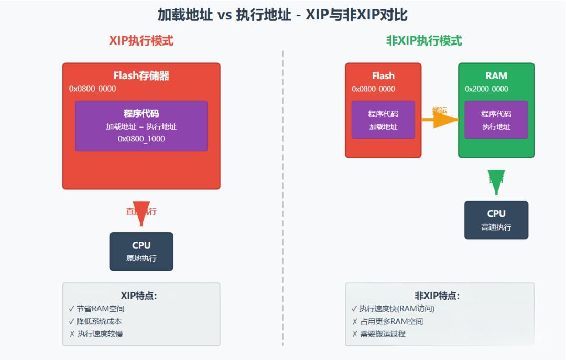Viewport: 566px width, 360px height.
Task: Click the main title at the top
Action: (282, 15)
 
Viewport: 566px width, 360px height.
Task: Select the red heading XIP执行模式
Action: (141, 41)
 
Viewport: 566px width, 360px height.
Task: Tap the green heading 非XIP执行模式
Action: (424, 41)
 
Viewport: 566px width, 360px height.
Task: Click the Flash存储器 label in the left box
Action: (141, 76)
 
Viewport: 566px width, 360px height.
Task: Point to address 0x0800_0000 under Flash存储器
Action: (93, 89)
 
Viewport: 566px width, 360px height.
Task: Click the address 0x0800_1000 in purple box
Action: (141, 139)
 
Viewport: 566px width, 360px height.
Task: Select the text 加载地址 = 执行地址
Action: (141, 126)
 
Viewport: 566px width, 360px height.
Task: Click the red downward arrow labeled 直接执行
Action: (141, 211)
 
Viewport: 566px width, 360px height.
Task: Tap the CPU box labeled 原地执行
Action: (141, 252)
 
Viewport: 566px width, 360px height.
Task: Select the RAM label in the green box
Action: (496, 76)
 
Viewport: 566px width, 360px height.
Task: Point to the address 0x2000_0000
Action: (486, 89)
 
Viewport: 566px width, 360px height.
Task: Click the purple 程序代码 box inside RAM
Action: (496, 120)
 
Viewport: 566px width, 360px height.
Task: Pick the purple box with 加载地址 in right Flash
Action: (383, 120)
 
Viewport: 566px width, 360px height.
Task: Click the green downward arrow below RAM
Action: (496, 181)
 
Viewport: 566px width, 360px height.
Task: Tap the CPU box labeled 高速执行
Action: (496, 220)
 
